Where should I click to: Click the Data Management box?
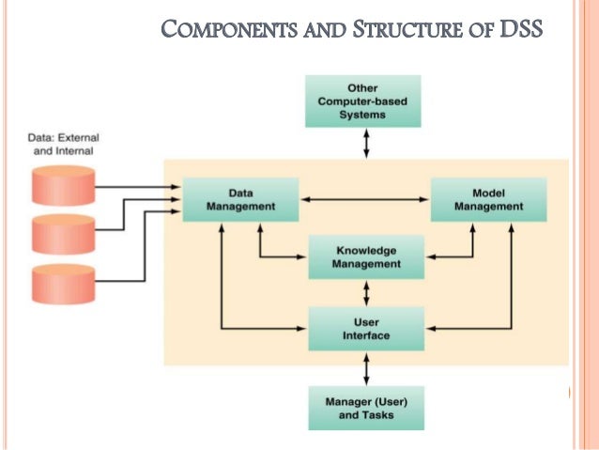coord(240,199)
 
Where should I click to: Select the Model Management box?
coord(489,199)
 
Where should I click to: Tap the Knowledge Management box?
coord(366,257)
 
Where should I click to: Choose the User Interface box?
coord(366,328)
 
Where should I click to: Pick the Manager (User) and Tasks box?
coord(366,408)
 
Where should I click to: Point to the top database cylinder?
coord(63,185)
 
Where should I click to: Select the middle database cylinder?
coord(63,235)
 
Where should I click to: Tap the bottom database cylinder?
coord(63,285)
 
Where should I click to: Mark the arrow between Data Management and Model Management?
coord(364,199)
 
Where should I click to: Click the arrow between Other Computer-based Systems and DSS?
coord(366,143)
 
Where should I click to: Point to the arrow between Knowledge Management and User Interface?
coord(366,292)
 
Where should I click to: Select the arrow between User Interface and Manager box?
coord(366,367)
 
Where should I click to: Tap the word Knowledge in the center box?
coord(366,251)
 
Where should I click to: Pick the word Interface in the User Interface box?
coord(366,334)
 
